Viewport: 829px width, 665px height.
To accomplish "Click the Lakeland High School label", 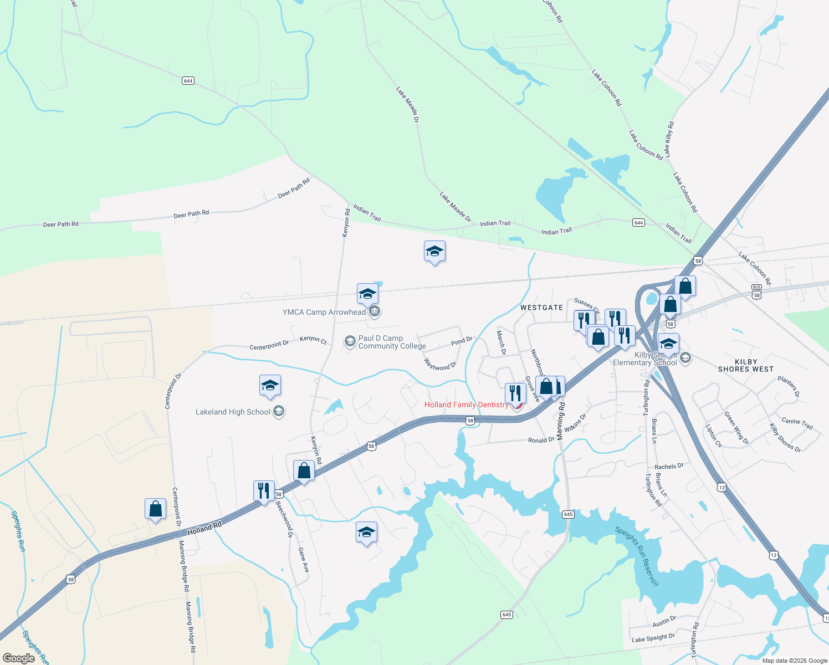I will pyautogui.click(x=233, y=412).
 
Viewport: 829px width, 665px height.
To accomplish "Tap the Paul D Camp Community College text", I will pyautogui.click(x=392, y=342).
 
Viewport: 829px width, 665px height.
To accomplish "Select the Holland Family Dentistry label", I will pyautogui.click(x=466, y=405).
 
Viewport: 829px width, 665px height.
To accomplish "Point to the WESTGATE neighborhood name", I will pyautogui.click(x=541, y=308).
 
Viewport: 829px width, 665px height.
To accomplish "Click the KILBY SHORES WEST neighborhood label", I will pyautogui.click(x=745, y=365).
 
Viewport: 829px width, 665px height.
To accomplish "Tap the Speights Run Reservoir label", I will pyautogui.click(x=637, y=556).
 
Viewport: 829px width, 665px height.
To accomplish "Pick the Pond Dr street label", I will pyautogui.click(x=462, y=341).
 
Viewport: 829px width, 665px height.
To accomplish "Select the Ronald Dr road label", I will pyautogui.click(x=541, y=440).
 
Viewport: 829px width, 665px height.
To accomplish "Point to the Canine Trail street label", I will pyautogui.click(x=797, y=423).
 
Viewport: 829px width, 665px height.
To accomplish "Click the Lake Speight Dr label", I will pyautogui.click(x=653, y=638).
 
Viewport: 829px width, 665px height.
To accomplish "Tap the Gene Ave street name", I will pyautogui.click(x=303, y=560).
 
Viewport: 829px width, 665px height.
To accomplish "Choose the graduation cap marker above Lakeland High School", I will pyautogui.click(x=270, y=385).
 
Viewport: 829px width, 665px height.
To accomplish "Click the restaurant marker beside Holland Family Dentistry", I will pyautogui.click(x=515, y=393).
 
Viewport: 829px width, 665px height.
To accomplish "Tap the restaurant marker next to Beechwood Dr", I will pyautogui.click(x=264, y=490).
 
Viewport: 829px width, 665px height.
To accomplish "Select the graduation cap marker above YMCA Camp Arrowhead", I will pyautogui.click(x=367, y=294).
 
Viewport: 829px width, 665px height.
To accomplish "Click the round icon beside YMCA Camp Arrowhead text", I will pyautogui.click(x=375, y=312).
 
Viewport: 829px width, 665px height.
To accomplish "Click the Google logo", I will pyautogui.click(x=19, y=658).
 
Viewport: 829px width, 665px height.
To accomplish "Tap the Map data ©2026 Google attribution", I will pyautogui.click(x=794, y=661).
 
